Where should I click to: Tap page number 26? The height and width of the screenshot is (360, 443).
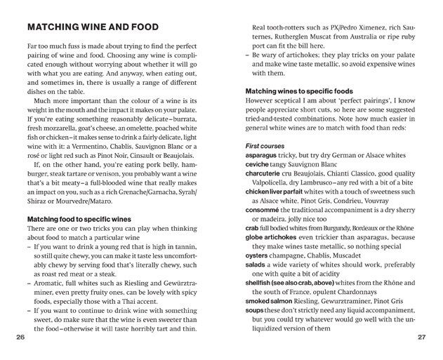coord(19,337)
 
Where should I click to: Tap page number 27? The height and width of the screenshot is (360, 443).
coord(421,337)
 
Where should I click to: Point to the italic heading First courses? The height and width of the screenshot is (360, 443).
coord(265,145)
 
